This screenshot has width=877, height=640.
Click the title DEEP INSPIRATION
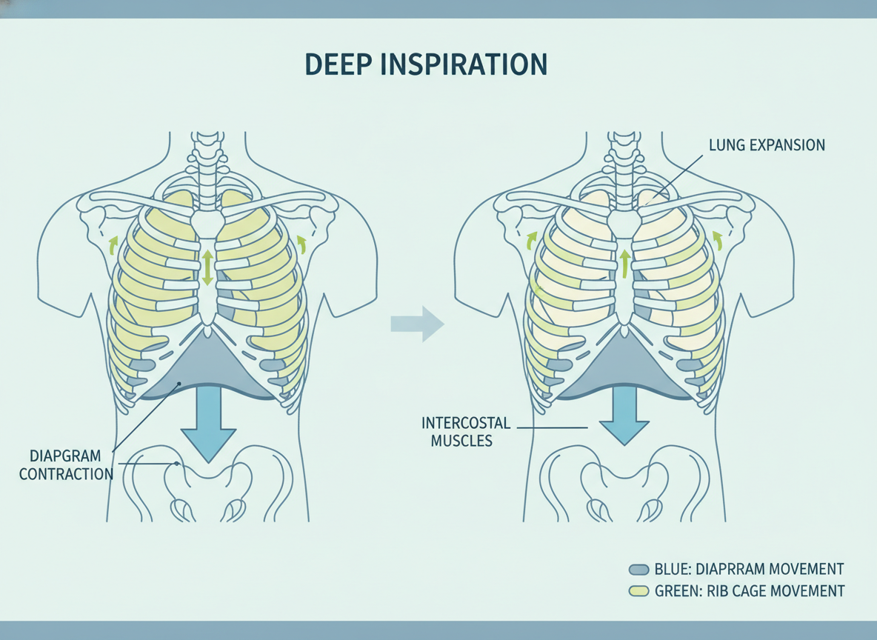426,64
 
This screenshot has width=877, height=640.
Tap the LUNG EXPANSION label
767,145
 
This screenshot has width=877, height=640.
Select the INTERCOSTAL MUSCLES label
466,431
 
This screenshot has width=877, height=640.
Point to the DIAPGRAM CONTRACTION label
66,465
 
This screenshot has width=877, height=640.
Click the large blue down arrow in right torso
624,415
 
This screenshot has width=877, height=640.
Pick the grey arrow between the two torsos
417,324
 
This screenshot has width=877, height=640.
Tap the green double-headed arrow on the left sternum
207,267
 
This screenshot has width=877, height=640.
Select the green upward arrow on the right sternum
624,264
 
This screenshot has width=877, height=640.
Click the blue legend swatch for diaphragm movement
638,570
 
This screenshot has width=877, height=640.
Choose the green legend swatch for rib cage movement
638,591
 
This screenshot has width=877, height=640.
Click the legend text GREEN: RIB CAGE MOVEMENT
750,591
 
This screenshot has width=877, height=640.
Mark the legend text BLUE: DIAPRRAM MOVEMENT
749,570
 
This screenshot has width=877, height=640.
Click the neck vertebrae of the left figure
207,168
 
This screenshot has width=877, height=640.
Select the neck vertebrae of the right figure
624,168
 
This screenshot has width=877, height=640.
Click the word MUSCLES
461,441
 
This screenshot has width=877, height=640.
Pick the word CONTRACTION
66,474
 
